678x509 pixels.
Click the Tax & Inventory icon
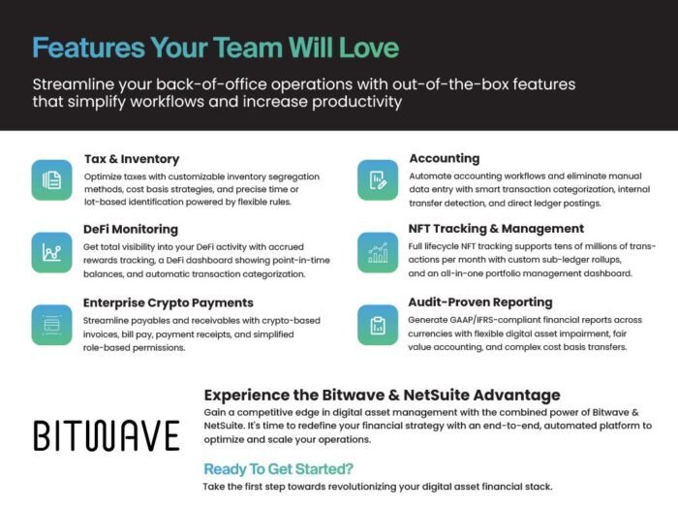point(51,180)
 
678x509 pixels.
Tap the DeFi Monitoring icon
point(51,252)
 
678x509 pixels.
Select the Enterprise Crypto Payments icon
point(51,325)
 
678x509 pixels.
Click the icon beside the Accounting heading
point(378,180)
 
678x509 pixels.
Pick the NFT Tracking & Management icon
point(378,252)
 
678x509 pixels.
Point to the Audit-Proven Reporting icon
point(378,325)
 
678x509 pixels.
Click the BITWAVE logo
point(107,435)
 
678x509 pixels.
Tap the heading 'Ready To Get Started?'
point(279,469)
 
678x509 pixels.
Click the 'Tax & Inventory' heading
point(132,159)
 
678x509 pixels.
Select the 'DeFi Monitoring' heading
point(131,230)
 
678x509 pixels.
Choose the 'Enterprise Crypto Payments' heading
point(169,302)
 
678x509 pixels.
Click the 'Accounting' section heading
point(445,158)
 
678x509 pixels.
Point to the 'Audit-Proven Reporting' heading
point(480,302)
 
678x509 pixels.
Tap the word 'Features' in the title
point(89,48)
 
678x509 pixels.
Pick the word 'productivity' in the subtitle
point(356,102)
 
